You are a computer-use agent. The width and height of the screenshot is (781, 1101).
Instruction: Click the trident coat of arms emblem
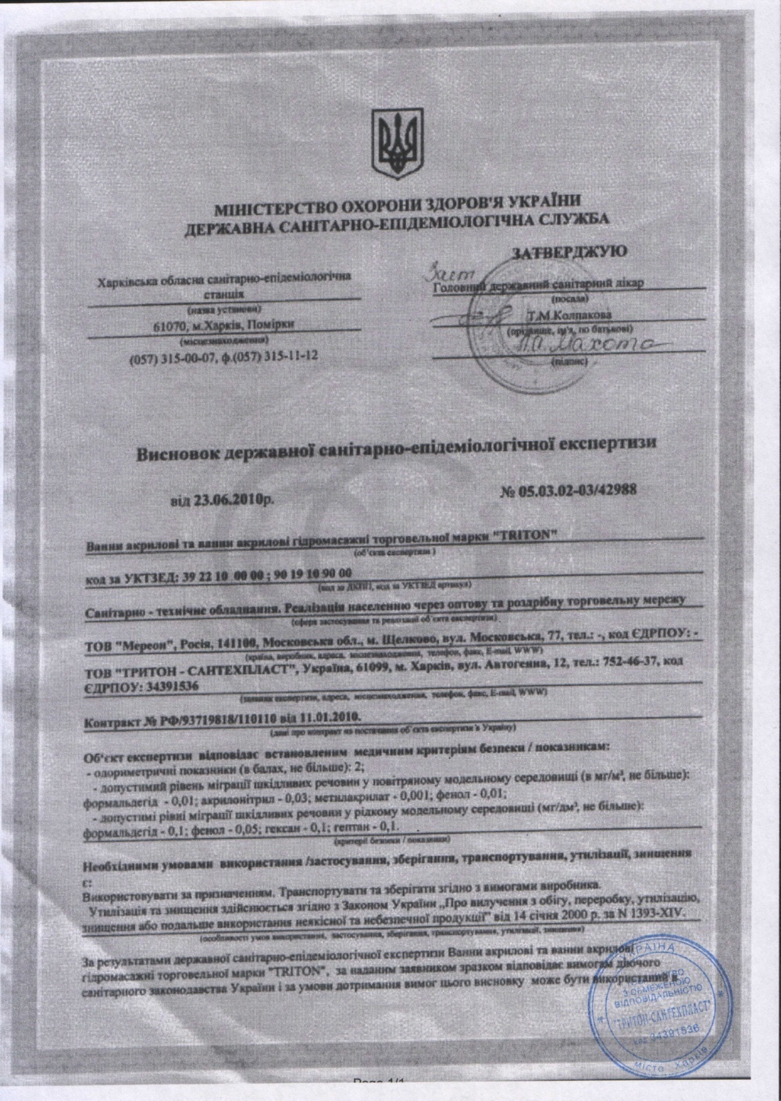398,145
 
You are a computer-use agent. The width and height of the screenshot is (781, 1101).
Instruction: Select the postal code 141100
234,645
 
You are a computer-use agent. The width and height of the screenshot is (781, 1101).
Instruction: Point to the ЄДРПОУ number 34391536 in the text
171,687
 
